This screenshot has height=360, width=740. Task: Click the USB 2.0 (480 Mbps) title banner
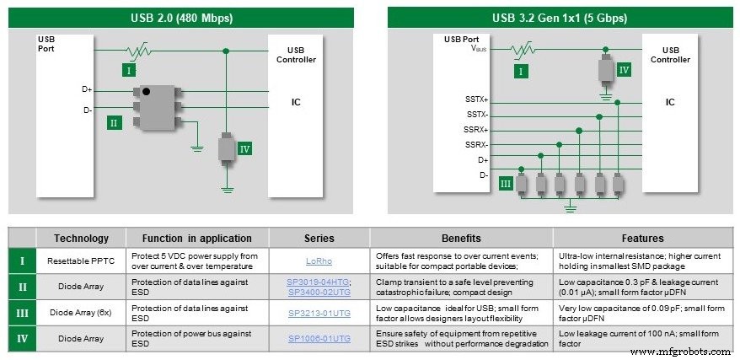click(x=181, y=18)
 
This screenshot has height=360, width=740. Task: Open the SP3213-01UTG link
click(x=319, y=313)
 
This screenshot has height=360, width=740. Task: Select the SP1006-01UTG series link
click(x=319, y=338)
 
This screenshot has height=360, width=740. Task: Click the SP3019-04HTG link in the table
click(x=319, y=281)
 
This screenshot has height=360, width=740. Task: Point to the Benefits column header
click(x=461, y=238)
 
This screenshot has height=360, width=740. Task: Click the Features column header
click(x=645, y=238)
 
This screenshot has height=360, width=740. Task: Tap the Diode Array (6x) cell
click(x=82, y=313)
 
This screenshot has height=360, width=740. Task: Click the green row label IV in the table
click(x=21, y=338)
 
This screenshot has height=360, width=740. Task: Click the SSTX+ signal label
click(x=477, y=100)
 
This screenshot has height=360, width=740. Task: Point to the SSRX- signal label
click(x=477, y=144)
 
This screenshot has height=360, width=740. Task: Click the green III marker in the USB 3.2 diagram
click(x=506, y=184)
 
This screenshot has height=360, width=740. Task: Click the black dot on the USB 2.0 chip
click(x=147, y=91)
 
